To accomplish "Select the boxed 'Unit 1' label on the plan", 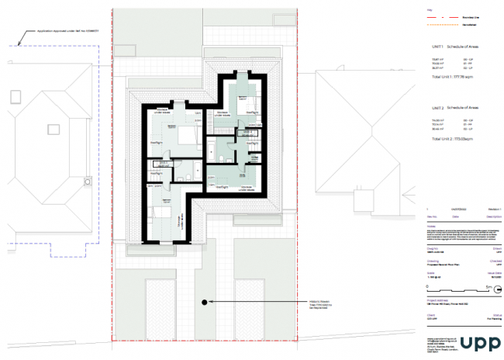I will [161, 164].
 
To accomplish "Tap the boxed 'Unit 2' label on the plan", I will [246, 133].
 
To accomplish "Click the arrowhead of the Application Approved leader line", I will [17, 44].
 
